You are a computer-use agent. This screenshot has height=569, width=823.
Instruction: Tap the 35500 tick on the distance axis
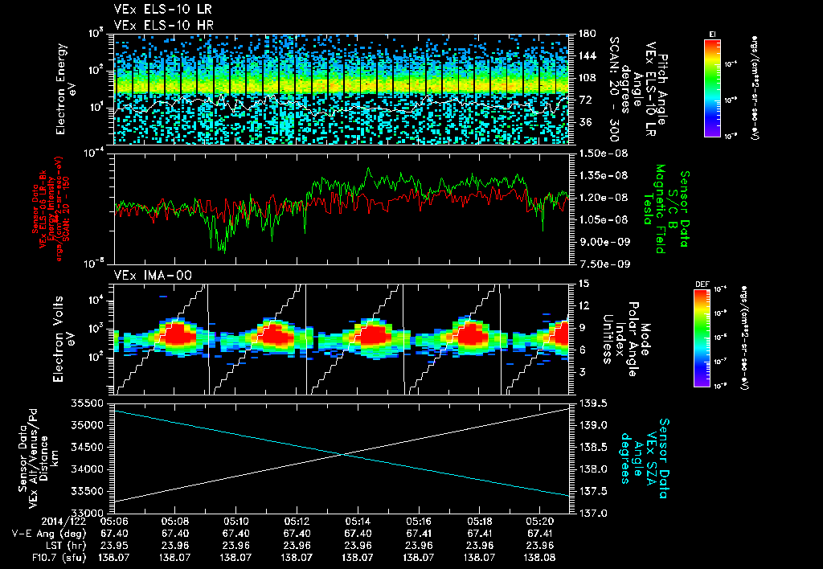coord(91,403)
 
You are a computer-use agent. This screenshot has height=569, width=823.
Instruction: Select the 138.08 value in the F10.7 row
coord(539,557)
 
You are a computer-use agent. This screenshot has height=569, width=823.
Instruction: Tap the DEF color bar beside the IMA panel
coord(700,338)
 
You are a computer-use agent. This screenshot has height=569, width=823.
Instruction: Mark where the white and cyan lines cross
coord(344,454)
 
